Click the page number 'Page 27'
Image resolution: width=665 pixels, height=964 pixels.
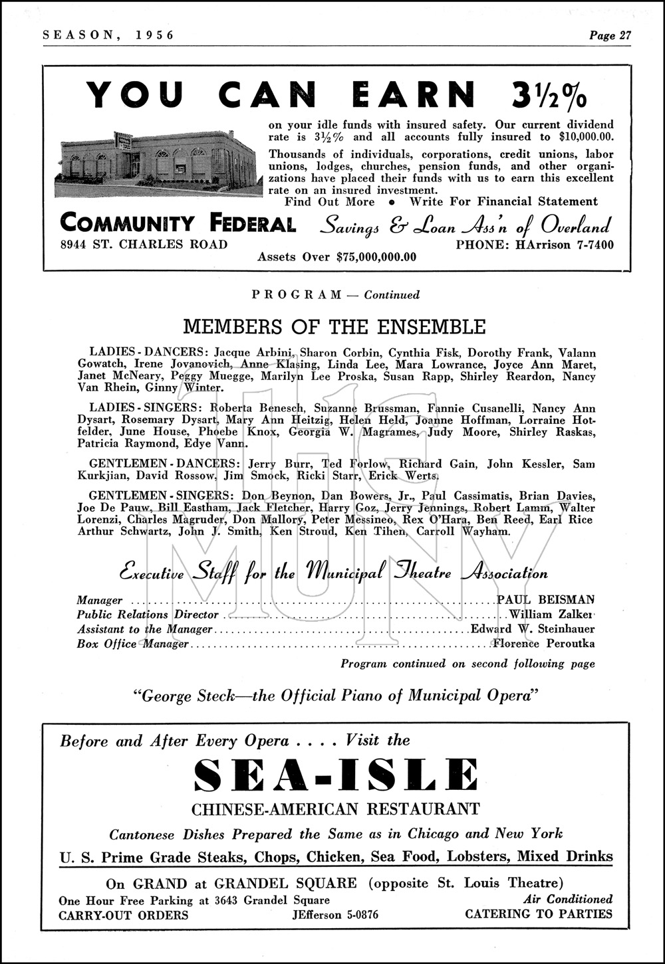point(609,36)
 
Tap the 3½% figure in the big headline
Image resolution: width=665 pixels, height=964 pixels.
point(550,94)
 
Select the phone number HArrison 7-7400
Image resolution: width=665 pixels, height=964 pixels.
point(534,245)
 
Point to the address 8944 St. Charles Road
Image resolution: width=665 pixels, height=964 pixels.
point(143,244)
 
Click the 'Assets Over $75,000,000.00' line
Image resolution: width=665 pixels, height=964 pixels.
point(337,257)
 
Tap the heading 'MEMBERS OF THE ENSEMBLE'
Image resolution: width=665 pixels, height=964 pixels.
point(334,327)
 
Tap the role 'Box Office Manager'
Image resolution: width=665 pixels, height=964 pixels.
point(132,643)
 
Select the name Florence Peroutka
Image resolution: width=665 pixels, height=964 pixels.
point(543,643)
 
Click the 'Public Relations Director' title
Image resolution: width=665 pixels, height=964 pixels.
point(148,615)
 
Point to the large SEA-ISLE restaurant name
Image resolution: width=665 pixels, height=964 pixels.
point(335,774)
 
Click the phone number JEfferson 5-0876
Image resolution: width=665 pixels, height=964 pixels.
point(334,915)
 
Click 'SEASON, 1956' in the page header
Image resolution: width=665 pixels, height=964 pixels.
point(108,36)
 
